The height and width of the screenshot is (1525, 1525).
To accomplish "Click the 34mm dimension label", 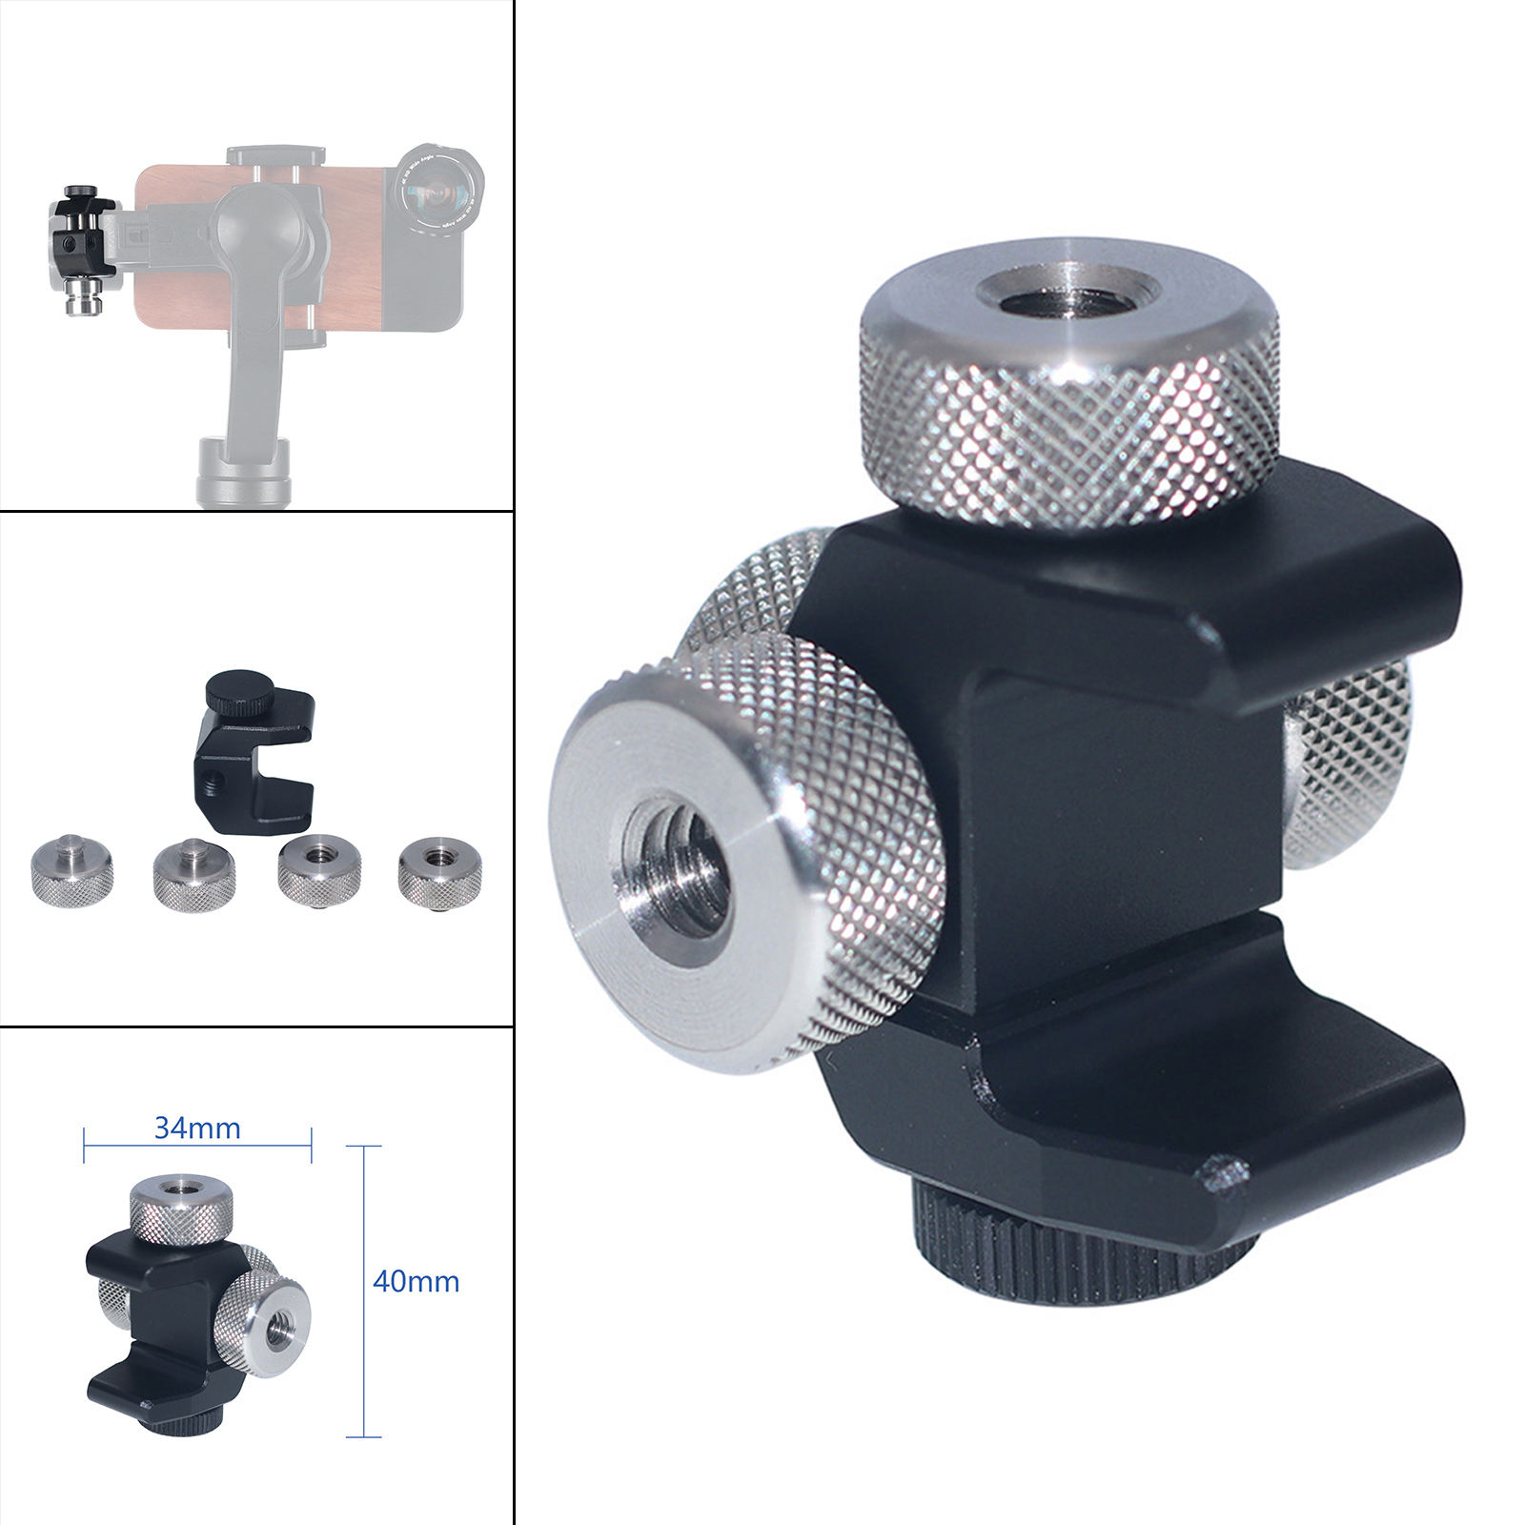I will [197, 1128].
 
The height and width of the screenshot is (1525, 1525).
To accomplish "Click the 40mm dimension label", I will [416, 1281].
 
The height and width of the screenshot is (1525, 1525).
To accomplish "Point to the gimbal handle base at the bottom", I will [242, 472].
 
